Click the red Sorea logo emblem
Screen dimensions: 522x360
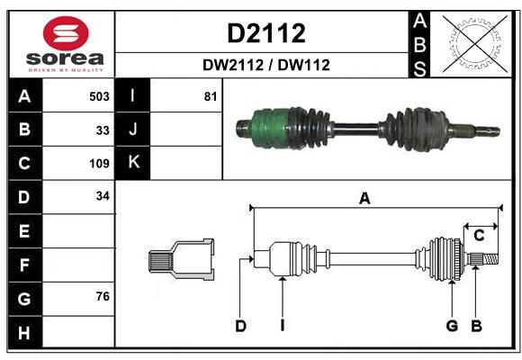tap(66, 33)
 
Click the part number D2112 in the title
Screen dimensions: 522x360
tap(266, 33)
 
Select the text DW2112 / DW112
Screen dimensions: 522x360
tap(266, 65)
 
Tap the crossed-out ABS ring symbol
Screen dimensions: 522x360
tap(474, 43)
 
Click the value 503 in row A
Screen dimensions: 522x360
tap(99, 96)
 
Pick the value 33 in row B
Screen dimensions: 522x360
tap(103, 130)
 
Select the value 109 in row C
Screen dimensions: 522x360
tap(99, 164)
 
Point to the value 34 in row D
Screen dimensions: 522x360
tap(103, 196)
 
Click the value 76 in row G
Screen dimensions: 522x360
tap(103, 296)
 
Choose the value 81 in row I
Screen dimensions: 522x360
tap(211, 96)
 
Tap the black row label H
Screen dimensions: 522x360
tap(25, 332)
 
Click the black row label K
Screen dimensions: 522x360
tap(133, 163)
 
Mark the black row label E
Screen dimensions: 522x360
tap(25, 230)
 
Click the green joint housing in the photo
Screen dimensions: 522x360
tap(270, 128)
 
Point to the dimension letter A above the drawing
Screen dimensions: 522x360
tap(364, 199)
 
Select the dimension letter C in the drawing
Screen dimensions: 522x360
tap(479, 236)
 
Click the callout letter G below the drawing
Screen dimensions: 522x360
tap(452, 326)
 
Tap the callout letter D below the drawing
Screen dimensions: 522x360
tap(240, 326)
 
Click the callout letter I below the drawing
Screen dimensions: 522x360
tap(283, 326)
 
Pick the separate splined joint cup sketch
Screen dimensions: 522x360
tap(181, 260)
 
